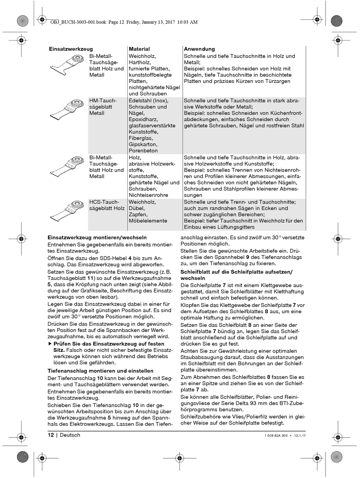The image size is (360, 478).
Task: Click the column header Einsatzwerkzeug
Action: [71, 49]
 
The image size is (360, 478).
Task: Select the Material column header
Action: [139, 49]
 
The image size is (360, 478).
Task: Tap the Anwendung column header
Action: [199, 49]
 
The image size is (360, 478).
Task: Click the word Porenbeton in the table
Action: [143, 151]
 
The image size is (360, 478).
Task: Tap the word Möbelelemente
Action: [148, 221]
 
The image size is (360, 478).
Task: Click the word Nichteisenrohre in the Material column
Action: [148, 195]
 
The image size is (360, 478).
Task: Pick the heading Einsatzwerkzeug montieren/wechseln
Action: [97, 237]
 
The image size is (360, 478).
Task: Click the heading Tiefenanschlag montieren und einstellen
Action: [100, 371]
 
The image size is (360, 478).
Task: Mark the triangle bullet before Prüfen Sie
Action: [50, 344]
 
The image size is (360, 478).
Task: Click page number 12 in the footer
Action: [51, 435]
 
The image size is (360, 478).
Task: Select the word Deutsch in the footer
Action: [70, 435]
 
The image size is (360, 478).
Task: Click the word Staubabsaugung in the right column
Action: [199, 357]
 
